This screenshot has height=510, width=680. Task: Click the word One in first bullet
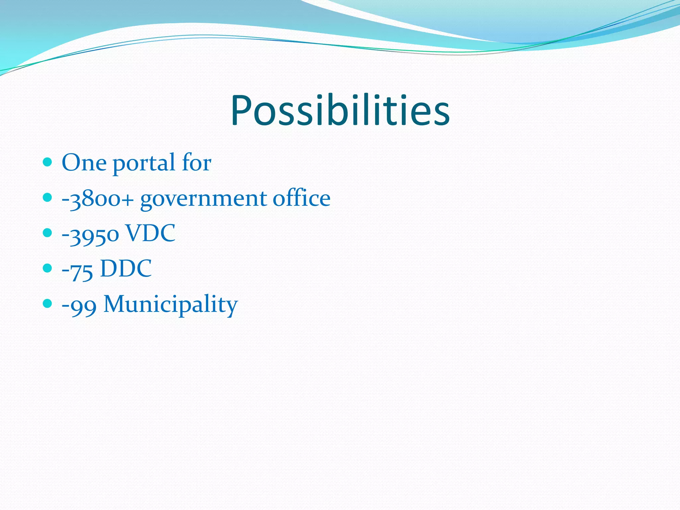tap(84, 163)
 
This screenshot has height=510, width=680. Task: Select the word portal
tap(144, 163)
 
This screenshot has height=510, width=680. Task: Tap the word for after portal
tap(197, 163)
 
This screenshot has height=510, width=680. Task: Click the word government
tap(204, 199)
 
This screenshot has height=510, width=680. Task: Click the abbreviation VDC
tap(150, 233)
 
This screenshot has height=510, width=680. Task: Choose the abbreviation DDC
tap(126, 268)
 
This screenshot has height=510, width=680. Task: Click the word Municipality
tap(171, 304)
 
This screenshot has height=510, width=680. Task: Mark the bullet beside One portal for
tap(48, 162)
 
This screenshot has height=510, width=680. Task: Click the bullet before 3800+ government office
tap(48, 198)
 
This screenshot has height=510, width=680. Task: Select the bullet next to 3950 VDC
tap(48, 233)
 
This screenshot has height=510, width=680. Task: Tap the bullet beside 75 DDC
tap(48, 268)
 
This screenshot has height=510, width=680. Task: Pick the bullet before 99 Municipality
tap(48, 303)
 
